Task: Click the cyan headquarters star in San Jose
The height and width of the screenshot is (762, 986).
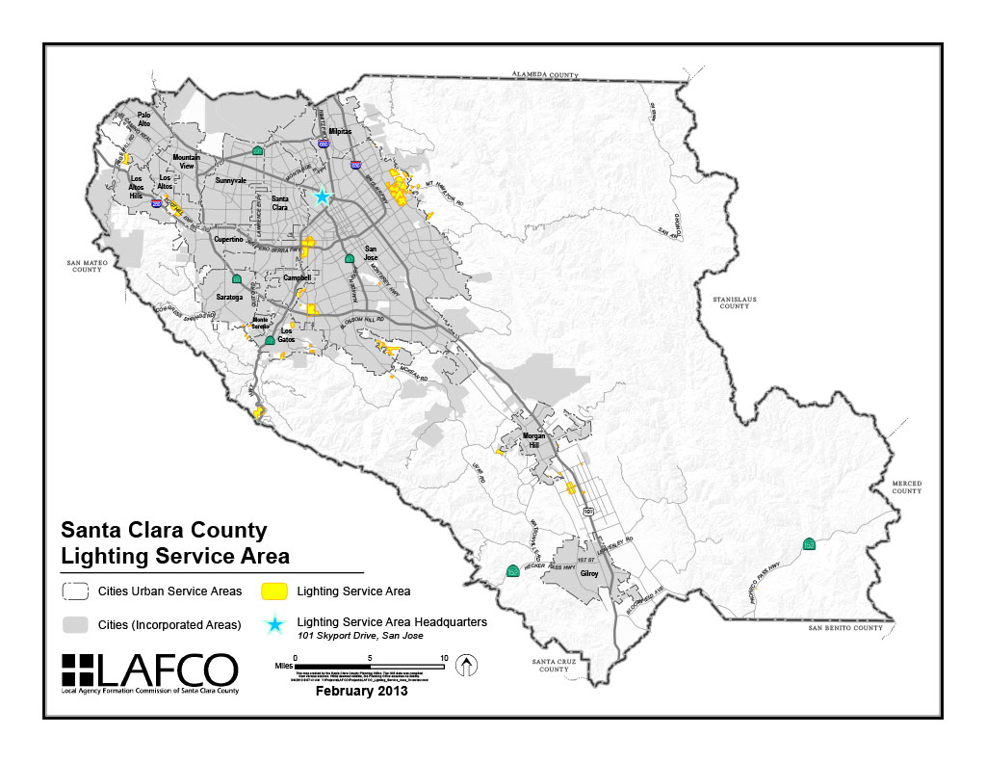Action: [x=323, y=197]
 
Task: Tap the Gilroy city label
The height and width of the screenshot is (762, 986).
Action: [x=589, y=573]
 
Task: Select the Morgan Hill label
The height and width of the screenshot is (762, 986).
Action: [x=533, y=440]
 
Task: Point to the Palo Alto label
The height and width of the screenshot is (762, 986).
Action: [x=143, y=119]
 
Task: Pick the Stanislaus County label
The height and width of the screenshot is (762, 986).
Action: [x=734, y=302]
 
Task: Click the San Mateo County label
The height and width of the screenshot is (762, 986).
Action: [x=85, y=266]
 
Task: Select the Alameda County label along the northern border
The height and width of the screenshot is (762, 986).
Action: [x=544, y=74]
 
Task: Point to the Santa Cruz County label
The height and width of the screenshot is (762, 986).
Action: [x=555, y=665]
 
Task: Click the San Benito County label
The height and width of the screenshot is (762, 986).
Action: [x=845, y=628]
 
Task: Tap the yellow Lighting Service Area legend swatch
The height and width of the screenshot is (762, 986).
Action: [x=276, y=591]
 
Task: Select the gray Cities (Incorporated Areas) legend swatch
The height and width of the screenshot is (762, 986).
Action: [x=76, y=624]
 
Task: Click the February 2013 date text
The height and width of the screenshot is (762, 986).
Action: [x=362, y=691]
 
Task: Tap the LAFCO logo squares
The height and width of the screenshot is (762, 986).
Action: [x=80, y=671]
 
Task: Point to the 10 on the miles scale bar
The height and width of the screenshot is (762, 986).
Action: [x=443, y=658]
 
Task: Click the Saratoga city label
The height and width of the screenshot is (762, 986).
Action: [x=230, y=298]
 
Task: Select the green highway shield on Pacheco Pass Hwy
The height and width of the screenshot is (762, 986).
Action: [x=810, y=545]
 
